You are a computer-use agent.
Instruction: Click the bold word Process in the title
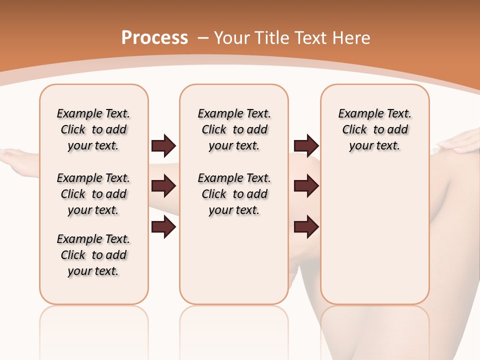coord(154,38)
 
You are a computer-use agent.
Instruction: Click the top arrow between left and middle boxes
coord(163,146)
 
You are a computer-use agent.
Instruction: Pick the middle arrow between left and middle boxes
coord(163,186)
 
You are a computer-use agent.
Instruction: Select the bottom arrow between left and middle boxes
coord(163,227)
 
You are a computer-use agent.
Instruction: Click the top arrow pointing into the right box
coord(306,146)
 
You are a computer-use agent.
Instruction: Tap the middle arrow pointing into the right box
coord(306,186)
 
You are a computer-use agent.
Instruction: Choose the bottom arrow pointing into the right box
coord(306,227)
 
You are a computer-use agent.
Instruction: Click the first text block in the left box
coord(93,129)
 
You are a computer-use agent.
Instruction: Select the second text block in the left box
coord(93,194)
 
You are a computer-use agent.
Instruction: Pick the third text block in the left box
coord(93,255)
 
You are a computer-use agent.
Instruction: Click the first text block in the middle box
coord(234,129)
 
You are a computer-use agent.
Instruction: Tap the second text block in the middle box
coord(234,194)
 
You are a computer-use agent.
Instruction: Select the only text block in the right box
coord(374,129)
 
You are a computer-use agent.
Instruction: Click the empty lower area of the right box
coord(374,240)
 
